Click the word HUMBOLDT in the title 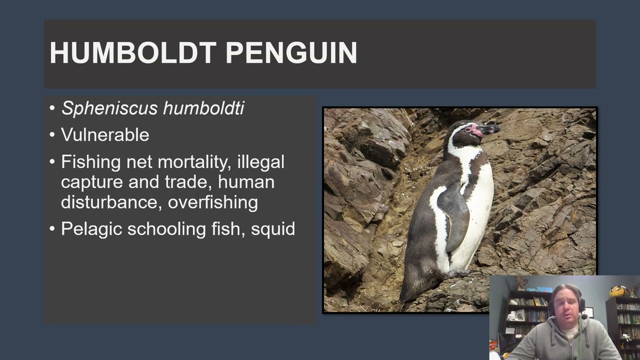(x=133, y=53)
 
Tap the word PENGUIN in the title (x=291, y=53)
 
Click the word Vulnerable (x=105, y=134)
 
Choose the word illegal (x=260, y=162)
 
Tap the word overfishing (x=212, y=202)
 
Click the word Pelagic (x=91, y=229)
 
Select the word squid (x=273, y=229)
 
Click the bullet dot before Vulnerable (x=53, y=135)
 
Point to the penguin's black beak (x=490, y=129)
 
